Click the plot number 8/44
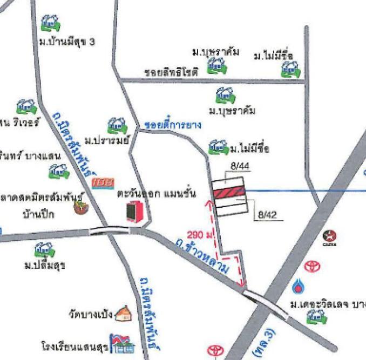239,167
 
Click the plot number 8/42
267,214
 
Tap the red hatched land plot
229,192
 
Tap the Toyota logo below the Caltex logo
311,266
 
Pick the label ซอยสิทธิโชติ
171,71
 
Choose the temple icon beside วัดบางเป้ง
123,313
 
